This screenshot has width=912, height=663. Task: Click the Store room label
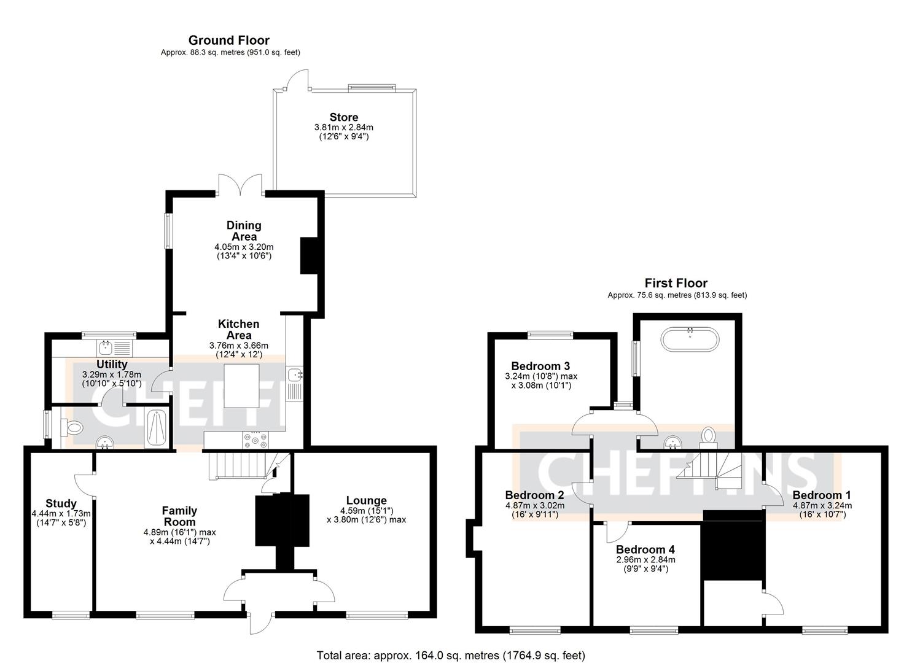point(343,117)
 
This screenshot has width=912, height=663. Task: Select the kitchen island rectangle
point(244,386)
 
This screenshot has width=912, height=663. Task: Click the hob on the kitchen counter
point(255,440)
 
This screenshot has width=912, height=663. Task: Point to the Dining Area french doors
point(240,184)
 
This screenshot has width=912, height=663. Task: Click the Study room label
point(61,503)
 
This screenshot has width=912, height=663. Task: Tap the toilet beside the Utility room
point(73,428)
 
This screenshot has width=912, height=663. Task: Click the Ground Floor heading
point(228,41)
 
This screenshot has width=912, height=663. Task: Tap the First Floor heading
point(676,283)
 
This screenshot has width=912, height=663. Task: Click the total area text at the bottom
point(451,655)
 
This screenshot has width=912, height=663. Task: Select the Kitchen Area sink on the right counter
point(295,374)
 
